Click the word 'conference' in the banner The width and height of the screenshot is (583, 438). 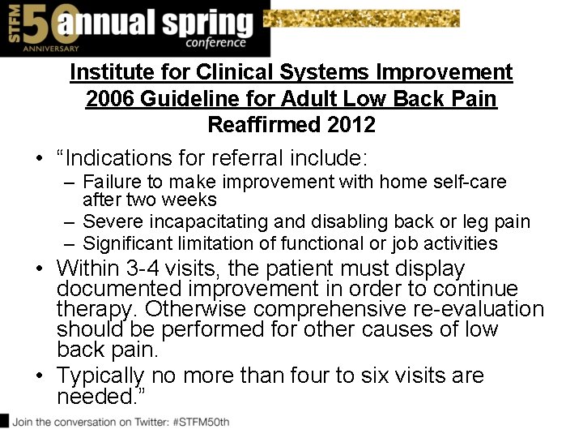coord(215,43)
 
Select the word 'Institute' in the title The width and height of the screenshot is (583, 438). coord(107,72)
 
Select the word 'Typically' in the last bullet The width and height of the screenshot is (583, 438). coord(100,376)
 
